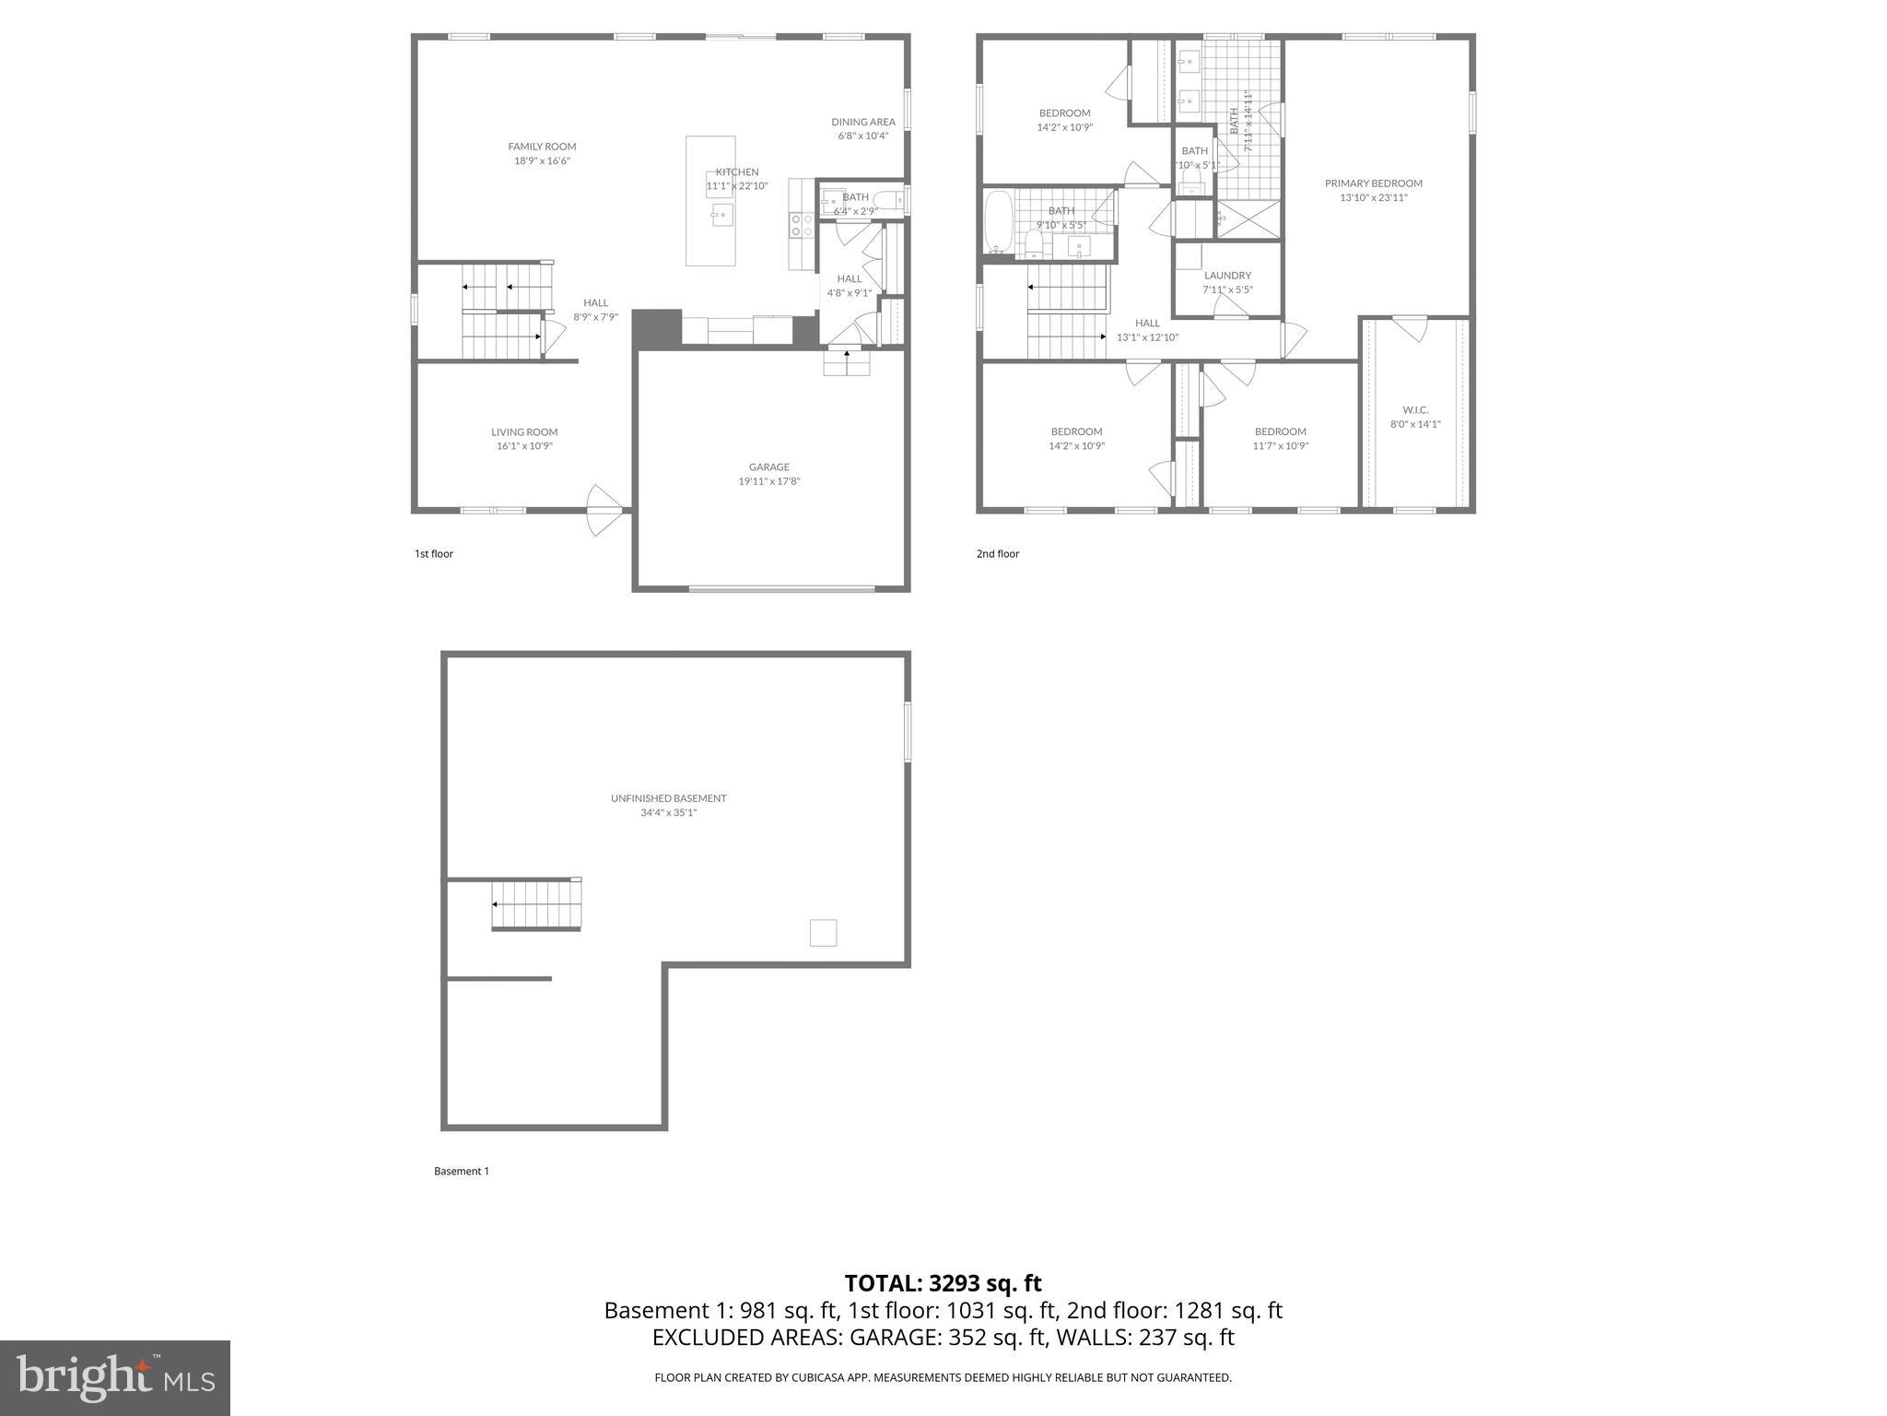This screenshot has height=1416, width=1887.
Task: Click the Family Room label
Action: [542, 147]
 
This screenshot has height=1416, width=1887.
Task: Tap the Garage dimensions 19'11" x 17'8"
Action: [768, 481]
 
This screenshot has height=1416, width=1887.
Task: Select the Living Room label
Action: [524, 432]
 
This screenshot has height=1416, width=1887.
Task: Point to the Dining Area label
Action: [862, 122]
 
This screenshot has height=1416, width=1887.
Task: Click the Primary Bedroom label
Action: [1373, 183]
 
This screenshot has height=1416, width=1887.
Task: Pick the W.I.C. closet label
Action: [1415, 410]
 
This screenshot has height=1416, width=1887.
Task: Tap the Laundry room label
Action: [1227, 276]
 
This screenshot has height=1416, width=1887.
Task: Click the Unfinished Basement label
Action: [668, 798]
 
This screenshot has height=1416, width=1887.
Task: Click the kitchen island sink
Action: [721, 216]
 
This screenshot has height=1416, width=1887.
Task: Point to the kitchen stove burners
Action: [801, 226]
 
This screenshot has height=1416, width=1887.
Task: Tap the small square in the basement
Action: [823, 933]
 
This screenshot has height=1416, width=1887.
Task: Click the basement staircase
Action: [536, 904]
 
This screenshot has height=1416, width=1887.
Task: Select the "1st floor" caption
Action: [434, 554]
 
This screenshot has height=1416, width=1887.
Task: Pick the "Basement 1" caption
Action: [462, 1172]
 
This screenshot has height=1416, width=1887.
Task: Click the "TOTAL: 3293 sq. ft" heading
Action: [943, 1283]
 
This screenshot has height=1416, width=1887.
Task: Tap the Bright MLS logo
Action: [114, 1377]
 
